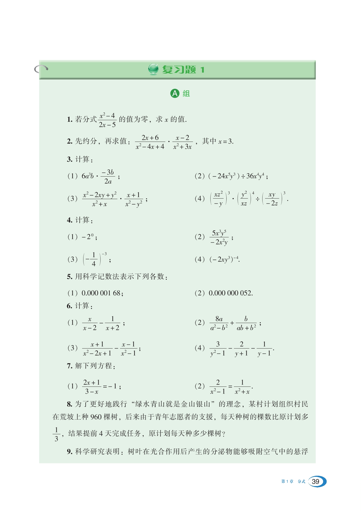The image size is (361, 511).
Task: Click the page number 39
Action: [315, 481]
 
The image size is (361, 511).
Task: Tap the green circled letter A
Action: [175, 94]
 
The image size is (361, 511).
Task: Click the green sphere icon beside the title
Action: [153, 69]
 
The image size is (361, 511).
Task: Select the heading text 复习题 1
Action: [183, 70]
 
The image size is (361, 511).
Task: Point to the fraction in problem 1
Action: [107, 120]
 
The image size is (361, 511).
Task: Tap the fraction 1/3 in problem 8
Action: [56, 434]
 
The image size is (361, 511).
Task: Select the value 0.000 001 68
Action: [101, 293]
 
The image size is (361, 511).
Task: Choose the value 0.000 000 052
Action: [230, 293]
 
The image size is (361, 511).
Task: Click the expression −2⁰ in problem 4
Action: [88, 237]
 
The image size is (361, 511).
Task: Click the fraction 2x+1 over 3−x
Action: [92, 387]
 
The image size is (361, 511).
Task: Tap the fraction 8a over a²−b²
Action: [219, 323]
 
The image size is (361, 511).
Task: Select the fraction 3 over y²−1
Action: [218, 349]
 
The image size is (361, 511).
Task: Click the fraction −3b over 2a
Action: [108, 177]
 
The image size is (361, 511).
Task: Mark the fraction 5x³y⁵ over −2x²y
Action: [219, 237]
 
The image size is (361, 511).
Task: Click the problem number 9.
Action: [69, 452]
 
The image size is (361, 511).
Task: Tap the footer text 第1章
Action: [287, 481]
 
